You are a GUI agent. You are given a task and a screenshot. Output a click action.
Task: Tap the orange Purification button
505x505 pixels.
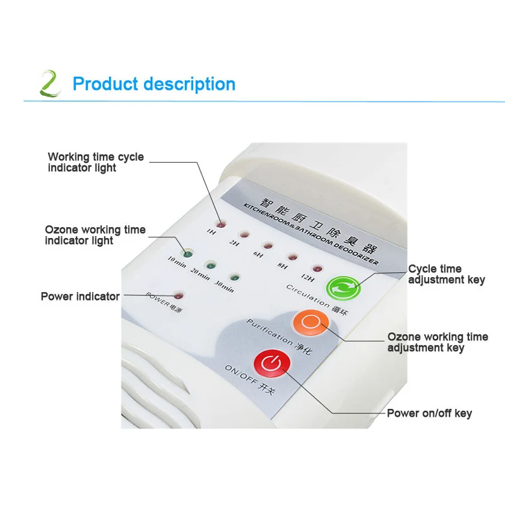click(308, 322)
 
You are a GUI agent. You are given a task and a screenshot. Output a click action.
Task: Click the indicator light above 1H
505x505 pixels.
click(221, 223)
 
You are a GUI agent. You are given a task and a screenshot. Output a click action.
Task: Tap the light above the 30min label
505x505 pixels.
click(234, 277)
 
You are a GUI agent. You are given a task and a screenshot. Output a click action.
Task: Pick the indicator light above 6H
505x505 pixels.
click(266, 245)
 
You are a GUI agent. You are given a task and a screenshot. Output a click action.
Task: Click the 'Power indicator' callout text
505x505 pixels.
click(80, 296)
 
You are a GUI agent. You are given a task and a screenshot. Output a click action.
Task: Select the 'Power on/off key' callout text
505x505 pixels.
click(429, 413)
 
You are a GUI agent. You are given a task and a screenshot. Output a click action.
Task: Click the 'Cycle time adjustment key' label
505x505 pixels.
click(446, 275)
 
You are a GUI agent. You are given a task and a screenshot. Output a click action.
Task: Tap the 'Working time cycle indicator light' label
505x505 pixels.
click(96, 162)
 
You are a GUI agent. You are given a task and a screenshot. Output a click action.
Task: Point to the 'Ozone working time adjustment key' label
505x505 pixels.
click(437, 342)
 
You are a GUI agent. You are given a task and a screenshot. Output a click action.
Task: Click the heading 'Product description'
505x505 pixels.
click(154, 84)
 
